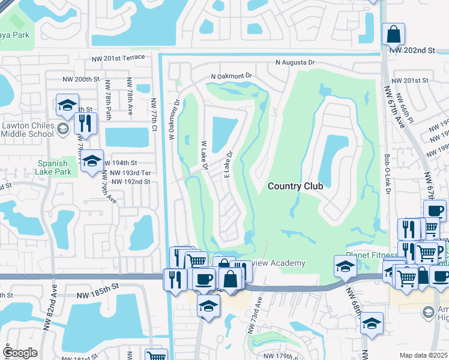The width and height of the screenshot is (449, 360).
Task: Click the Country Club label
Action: pyautogui.click(x=295, y=186)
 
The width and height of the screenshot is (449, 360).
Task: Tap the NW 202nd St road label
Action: pyautogui.click(x=411, y=52)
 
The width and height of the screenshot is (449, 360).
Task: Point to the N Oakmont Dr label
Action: pyautogui.click(x=232, y=76)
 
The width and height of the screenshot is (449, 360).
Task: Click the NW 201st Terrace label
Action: pyautogui.click(x=118, y=58)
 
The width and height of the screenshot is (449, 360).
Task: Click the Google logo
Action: pyautogui.click(x=20, y=353)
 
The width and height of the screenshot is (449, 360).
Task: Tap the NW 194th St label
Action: pyautogui.click(x=121, y=163)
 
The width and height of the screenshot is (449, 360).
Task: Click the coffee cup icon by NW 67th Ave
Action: pyautogui.click(x=435, y=211)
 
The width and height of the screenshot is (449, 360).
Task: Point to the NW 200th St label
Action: pyautogui.click(x=81, y=79)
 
